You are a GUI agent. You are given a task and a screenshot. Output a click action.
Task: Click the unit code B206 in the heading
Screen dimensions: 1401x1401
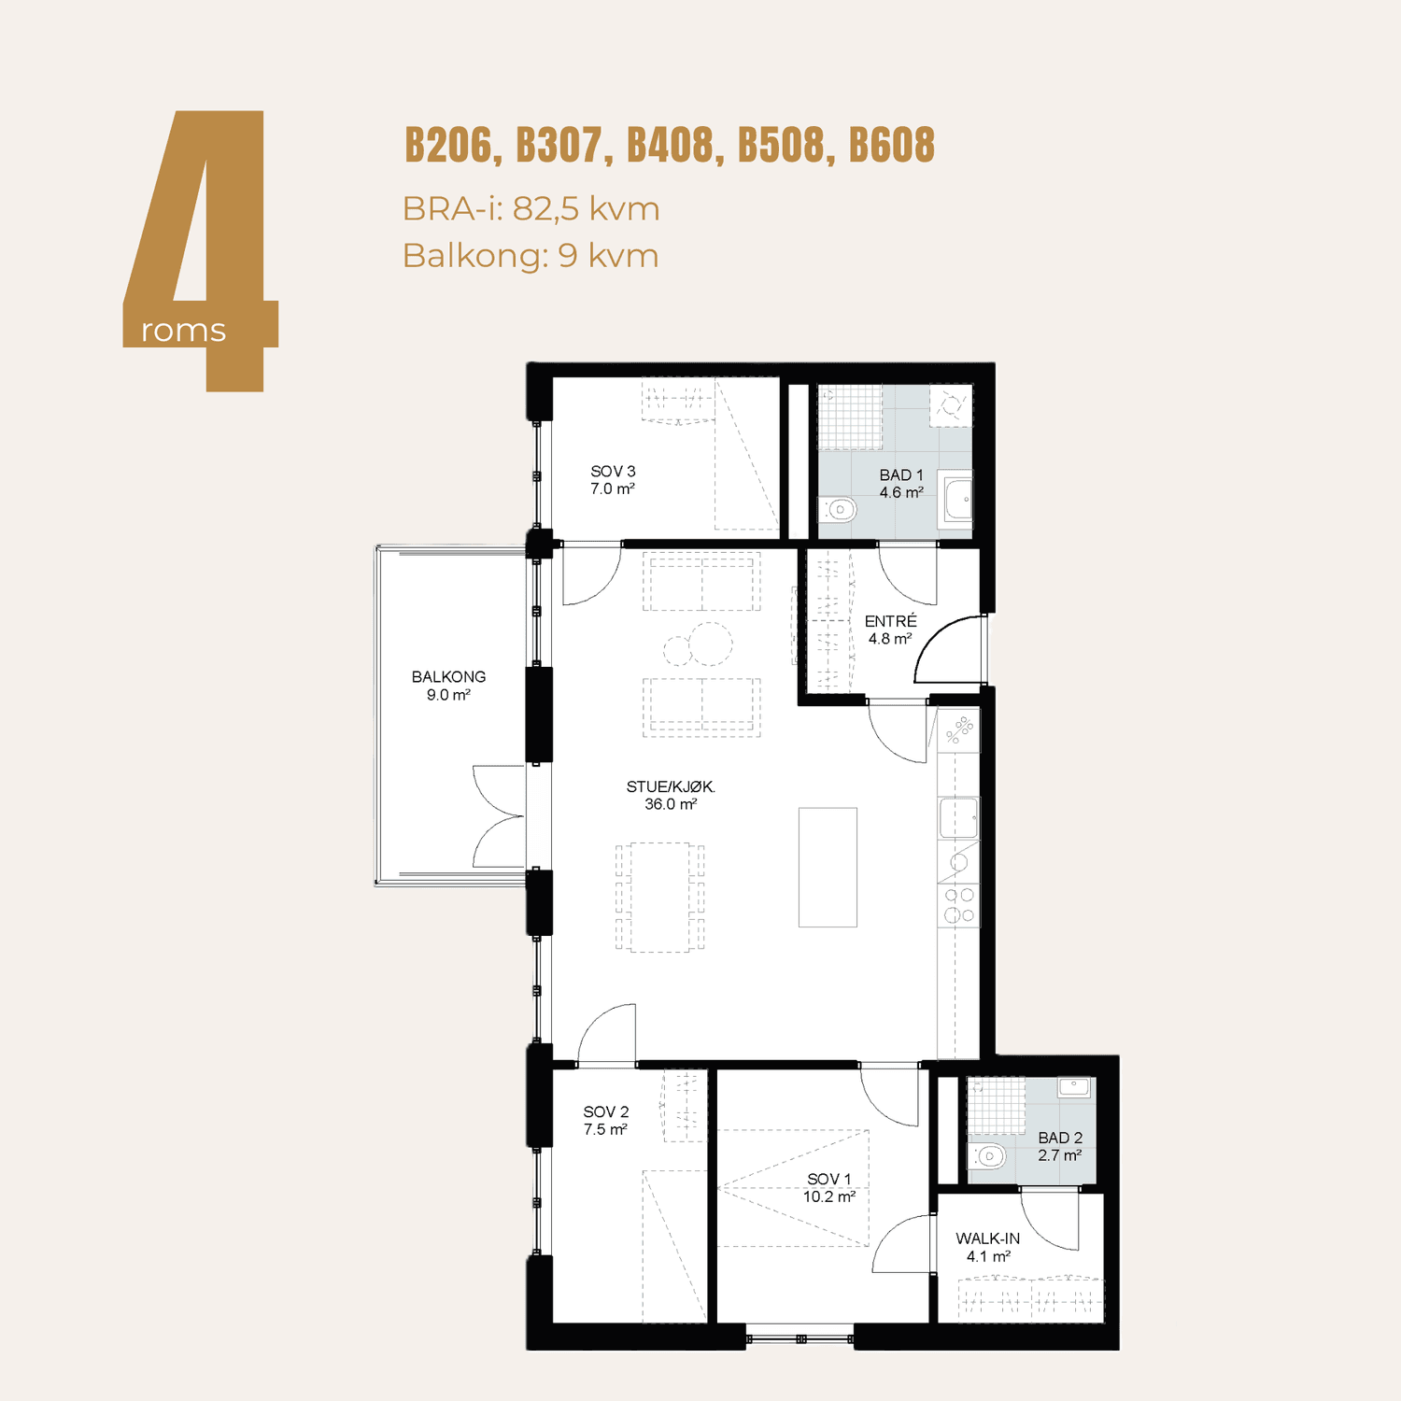click(449, 146)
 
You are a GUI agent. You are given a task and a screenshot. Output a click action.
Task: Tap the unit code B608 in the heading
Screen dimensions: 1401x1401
click(892, 146)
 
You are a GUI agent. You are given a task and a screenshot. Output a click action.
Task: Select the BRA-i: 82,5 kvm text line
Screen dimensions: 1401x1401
click(531, 208)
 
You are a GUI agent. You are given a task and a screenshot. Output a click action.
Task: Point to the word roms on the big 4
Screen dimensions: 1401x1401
click(183, 331)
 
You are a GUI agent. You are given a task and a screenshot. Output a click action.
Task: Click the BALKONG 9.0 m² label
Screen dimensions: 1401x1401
click(448, 686)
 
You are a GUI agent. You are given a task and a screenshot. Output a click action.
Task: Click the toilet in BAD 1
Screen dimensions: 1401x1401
click(838, 509)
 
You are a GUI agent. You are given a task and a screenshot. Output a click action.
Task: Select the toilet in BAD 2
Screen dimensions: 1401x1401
click(986, 1156)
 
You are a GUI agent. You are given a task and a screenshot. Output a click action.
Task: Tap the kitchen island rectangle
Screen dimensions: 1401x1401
click(828, 867)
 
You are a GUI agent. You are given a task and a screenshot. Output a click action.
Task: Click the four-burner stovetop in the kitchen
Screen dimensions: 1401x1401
click(959, 905)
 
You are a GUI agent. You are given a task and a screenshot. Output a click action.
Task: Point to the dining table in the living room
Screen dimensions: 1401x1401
click(660, 897)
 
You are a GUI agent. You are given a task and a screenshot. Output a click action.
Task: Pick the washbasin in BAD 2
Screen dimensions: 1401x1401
click(1074, 1087)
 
